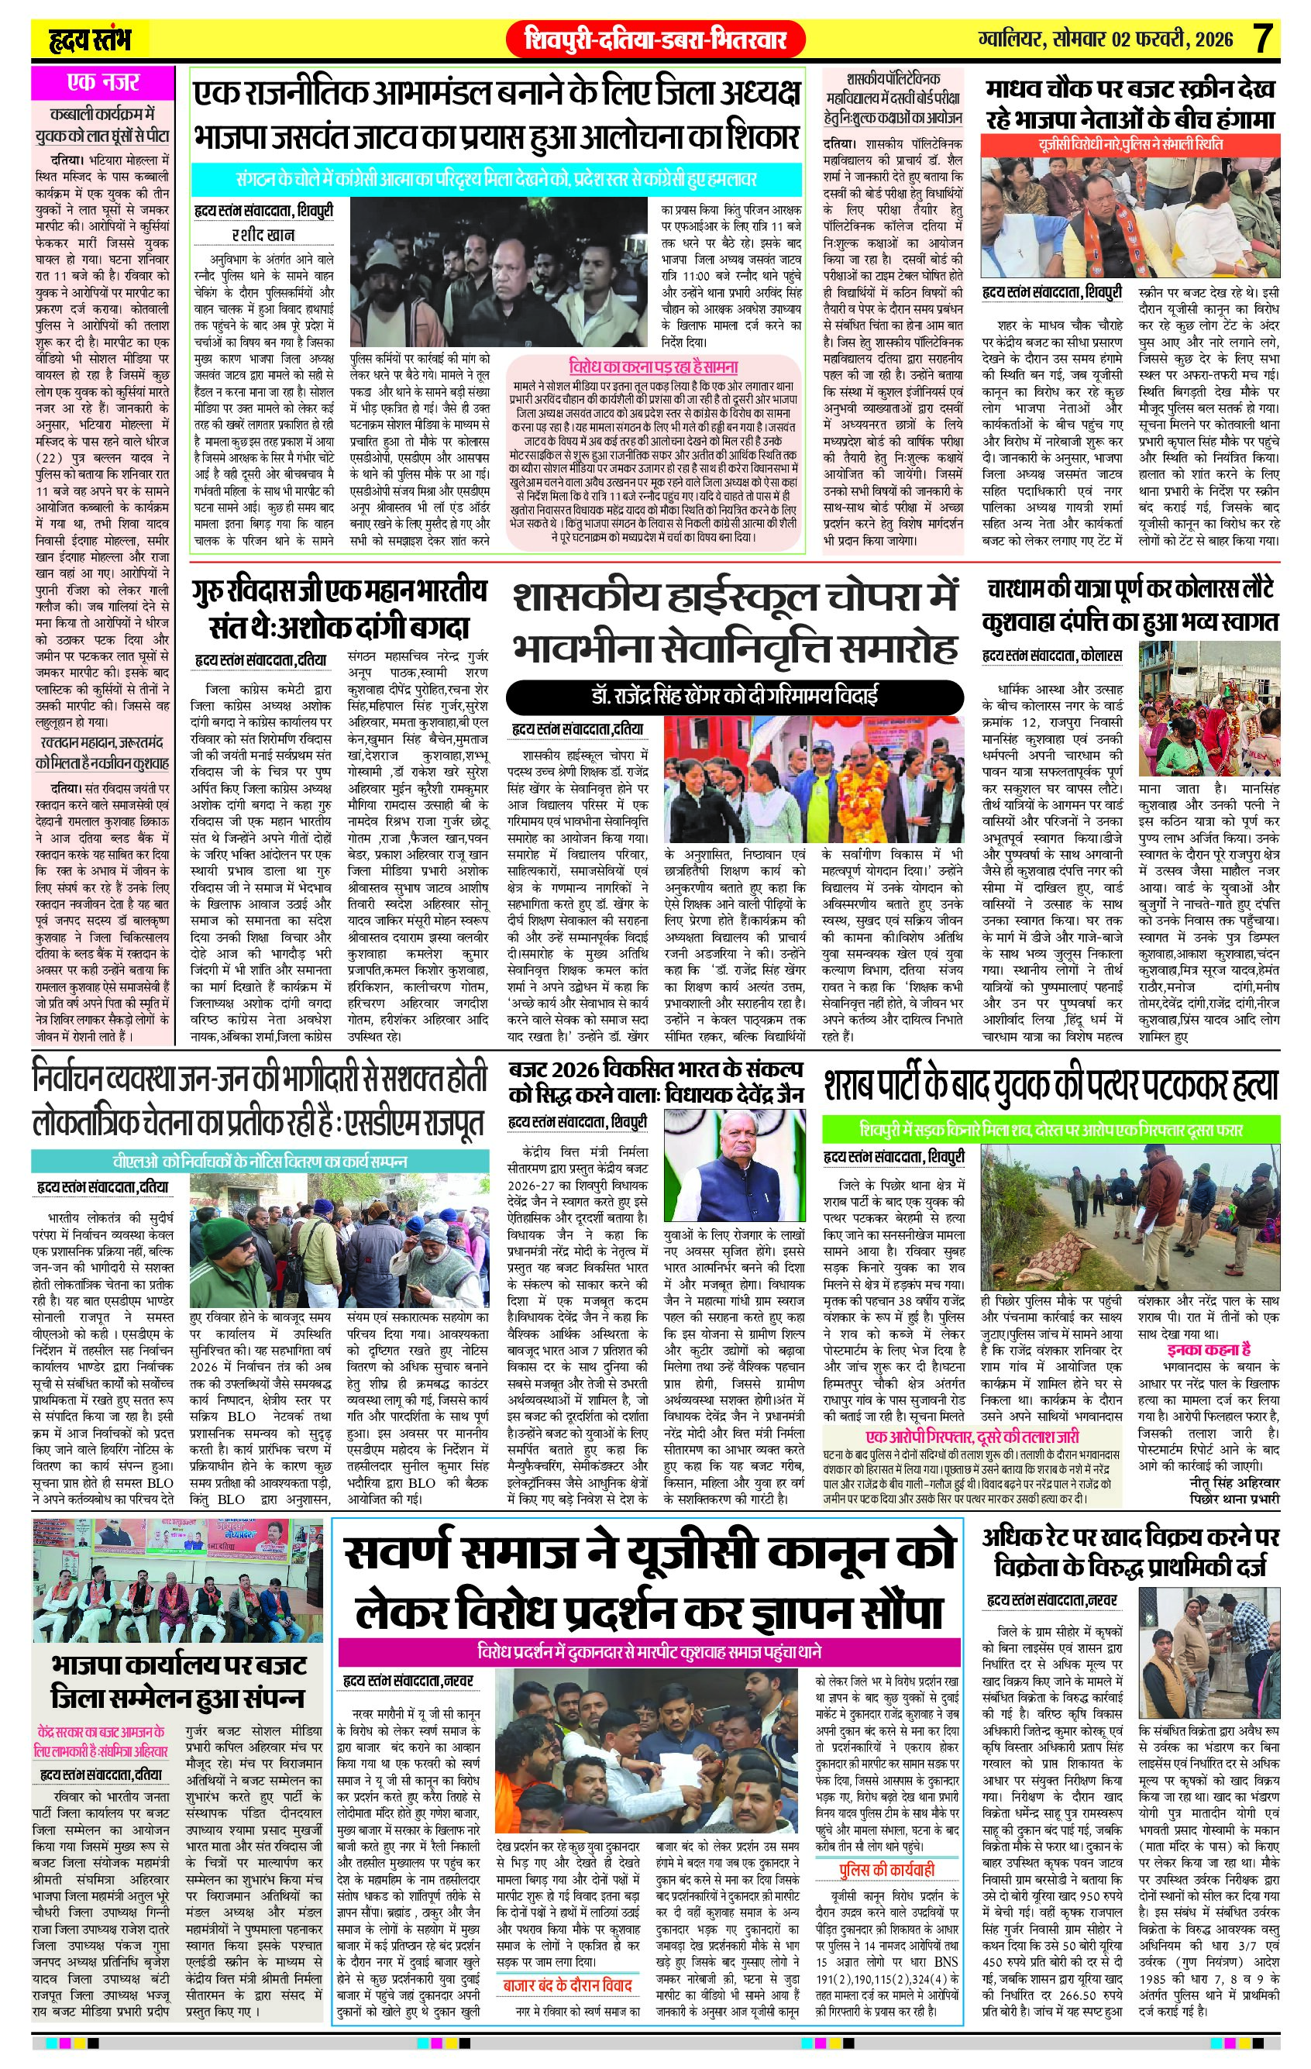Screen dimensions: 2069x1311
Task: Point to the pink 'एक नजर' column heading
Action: (x=102, y=84)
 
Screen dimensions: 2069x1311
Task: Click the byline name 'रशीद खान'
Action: (x=263, y=234)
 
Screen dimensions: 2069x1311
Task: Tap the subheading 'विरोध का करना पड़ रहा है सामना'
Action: (x=653, y=366)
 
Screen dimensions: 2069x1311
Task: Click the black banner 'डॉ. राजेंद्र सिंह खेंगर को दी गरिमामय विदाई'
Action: (x=735, y=696)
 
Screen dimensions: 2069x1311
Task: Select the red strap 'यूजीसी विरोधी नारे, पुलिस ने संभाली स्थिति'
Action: (x=1130, y=144)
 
